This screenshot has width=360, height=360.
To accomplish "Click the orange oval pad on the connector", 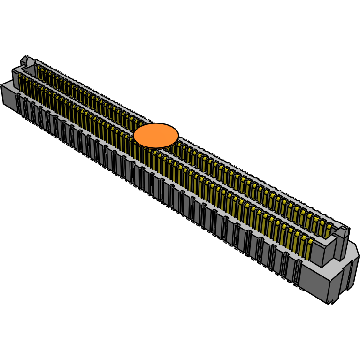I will click(156, 136).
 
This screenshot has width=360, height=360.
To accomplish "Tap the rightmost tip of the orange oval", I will click(178, 136).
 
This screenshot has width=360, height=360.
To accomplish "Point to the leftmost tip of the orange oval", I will click(134, 136).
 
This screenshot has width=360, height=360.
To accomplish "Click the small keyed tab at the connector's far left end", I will click(24, 60).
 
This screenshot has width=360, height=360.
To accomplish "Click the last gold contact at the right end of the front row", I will click(309, 249).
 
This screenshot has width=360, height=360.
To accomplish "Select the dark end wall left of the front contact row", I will click(15, 80).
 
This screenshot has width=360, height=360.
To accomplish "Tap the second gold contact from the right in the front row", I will click(303, 245).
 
